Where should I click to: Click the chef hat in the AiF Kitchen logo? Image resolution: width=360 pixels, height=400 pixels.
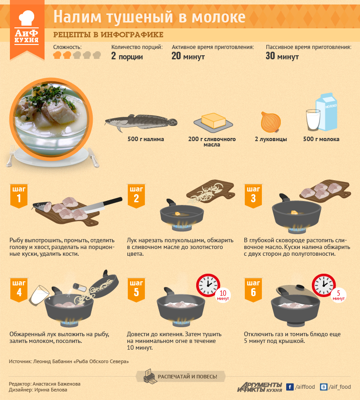click(27, 18)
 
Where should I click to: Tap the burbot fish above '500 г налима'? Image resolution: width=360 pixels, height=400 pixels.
click(141, 122)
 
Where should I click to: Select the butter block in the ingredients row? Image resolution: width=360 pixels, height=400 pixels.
click(214, 120)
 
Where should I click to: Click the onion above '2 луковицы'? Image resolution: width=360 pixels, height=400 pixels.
click(271, 122)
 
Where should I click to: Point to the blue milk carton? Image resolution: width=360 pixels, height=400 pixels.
click(327, 112)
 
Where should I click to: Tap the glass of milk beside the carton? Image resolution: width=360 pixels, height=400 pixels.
click(313, 120)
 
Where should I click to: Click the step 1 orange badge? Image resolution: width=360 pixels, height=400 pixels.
click(18, 196)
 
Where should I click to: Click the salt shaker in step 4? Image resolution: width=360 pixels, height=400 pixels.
click(80, 287)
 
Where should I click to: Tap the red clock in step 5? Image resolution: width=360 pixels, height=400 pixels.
click(208, 285)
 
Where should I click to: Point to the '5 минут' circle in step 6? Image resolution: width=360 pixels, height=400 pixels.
click(338, 295)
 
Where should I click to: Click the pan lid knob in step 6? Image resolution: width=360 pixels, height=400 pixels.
click(300, 287)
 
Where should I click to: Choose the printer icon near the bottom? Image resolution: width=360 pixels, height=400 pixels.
click(150, 376)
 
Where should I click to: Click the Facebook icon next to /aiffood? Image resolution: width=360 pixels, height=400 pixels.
click(289, 387)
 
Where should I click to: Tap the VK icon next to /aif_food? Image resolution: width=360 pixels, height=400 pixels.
click(323, 387)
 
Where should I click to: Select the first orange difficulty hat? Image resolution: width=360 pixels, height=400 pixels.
click(57, 55)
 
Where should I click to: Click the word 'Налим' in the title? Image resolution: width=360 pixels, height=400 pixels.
click(77, 17)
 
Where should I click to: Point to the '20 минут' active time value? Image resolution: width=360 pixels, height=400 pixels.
click(188, 56)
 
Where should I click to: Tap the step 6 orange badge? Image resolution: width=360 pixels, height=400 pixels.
click(253, 290)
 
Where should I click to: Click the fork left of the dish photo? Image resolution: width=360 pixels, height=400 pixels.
click(10, 156)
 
